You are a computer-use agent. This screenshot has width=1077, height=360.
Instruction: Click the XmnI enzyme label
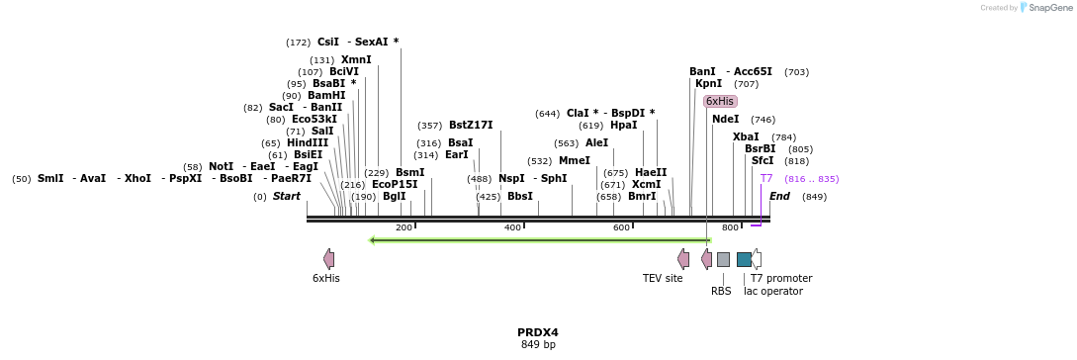point(356,59)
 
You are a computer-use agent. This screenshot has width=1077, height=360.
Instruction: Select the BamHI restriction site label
point(326,95)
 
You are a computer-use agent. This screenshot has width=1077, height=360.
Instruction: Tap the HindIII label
point(308,142)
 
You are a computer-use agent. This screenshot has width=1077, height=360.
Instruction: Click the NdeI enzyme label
point(725,119)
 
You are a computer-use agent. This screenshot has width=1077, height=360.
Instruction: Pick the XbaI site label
point(746,136)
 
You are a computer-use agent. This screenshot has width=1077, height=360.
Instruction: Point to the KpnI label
point(708,83)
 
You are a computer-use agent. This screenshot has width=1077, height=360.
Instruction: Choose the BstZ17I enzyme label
point(471,125)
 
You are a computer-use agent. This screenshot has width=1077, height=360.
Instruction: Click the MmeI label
point(574,160)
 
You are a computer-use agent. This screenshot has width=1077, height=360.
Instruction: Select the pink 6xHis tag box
point(720,101)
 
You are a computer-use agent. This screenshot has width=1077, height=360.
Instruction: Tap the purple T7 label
point(766,178)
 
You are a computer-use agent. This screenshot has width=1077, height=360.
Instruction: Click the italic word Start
point(287,196)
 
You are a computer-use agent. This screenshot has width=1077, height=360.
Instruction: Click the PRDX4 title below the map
point(538,332)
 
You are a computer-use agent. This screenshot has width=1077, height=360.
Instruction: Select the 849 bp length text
point(538,344)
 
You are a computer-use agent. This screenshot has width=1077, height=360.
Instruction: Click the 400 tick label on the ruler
point(512,227)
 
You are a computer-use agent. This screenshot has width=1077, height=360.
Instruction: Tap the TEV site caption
point(663,278)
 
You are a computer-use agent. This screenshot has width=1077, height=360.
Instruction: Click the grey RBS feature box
point(723,259)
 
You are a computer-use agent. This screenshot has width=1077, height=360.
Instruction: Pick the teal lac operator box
point(744,259)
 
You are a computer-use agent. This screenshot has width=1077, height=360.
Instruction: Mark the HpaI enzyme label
point(623,125)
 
